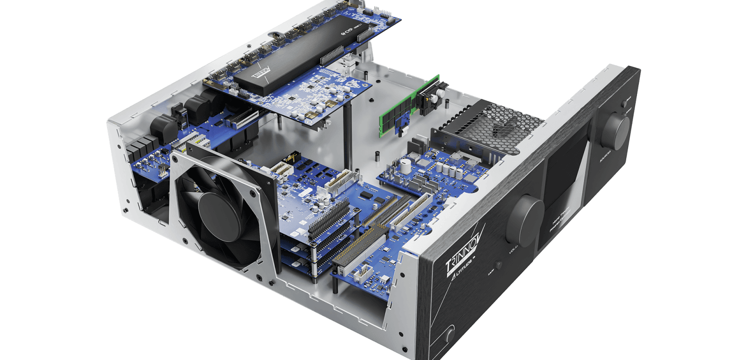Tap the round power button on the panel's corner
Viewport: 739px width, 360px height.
point(450,336)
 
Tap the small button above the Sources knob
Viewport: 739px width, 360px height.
point(626,104)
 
